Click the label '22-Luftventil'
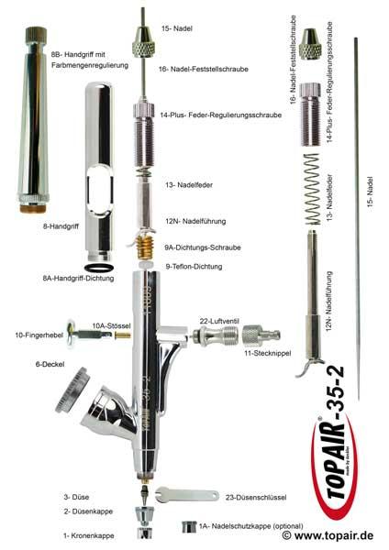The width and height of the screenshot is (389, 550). click(x=221, y=320)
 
